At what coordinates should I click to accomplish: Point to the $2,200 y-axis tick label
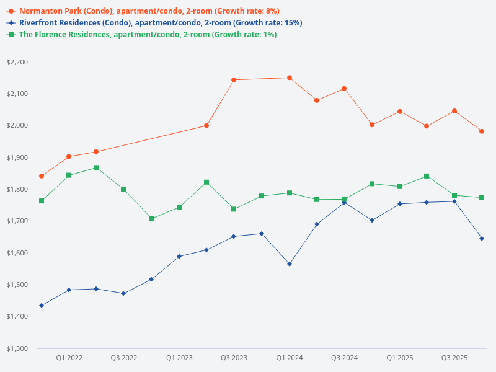tap(17, 62)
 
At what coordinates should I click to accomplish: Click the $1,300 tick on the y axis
tap(17, 348)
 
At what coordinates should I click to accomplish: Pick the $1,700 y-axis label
tap(17, 221)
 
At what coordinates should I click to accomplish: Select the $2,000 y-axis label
tap(17, 126)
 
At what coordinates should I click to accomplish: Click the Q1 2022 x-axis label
tap(69, 358)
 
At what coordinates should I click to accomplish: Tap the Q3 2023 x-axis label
tap(234, 358)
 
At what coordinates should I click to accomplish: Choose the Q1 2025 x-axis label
tap(399, 358)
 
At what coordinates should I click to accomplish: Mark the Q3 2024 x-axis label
tap(344, 358)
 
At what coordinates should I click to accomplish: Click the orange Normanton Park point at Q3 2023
tap(234, 79)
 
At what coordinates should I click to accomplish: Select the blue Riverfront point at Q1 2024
tap(289, 264)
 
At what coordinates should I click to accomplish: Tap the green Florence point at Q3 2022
tap(123, 189)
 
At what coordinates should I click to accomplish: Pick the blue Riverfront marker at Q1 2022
tap(69, 290)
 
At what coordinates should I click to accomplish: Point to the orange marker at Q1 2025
tap(399, 112)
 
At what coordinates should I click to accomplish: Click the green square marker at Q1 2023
tap(179, 207)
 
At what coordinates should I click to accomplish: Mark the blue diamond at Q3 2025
tap(454, 201)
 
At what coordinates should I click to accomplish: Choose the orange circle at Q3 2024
tap(344, 89)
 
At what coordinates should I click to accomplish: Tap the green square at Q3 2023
tap(234, 209)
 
